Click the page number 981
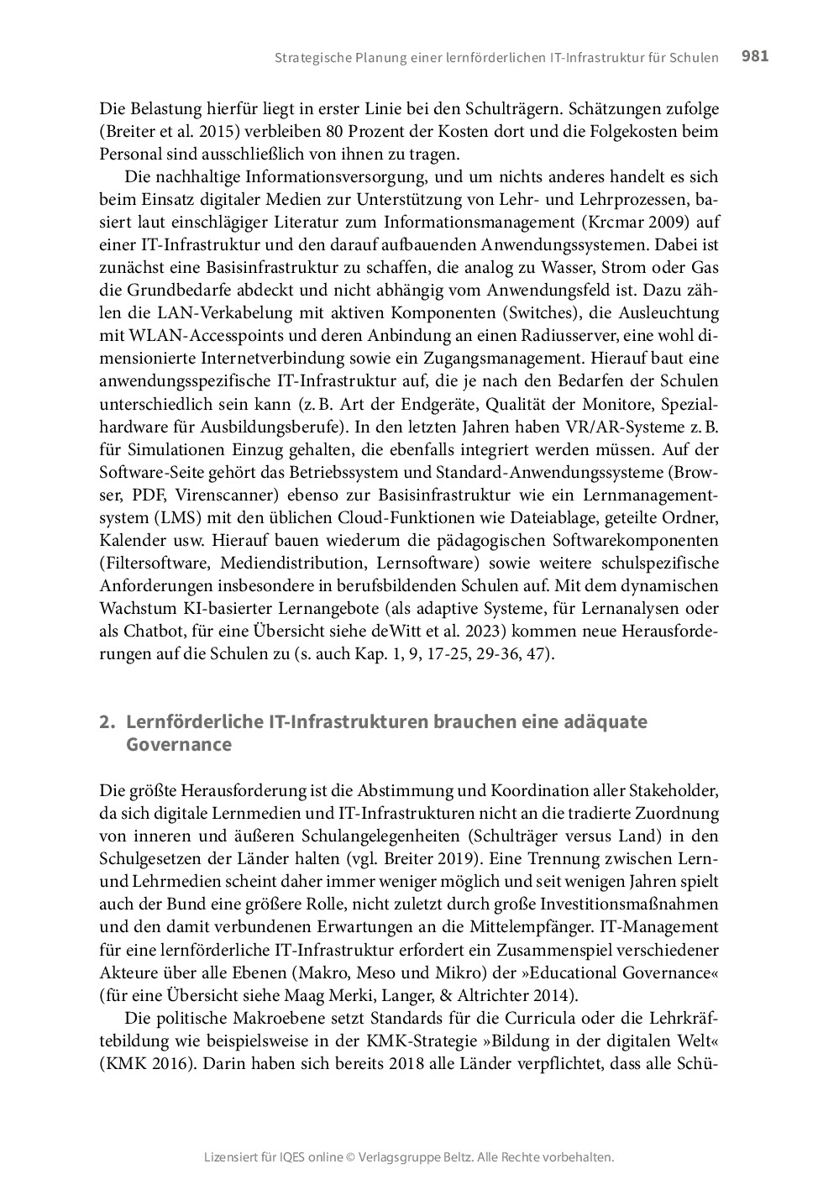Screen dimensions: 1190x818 [x=755, y=56]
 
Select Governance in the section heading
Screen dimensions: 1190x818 [x=178, y=745]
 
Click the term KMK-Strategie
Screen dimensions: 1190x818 [x=417, y=1041]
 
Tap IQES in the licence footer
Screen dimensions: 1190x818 [x=295, y=1157]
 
